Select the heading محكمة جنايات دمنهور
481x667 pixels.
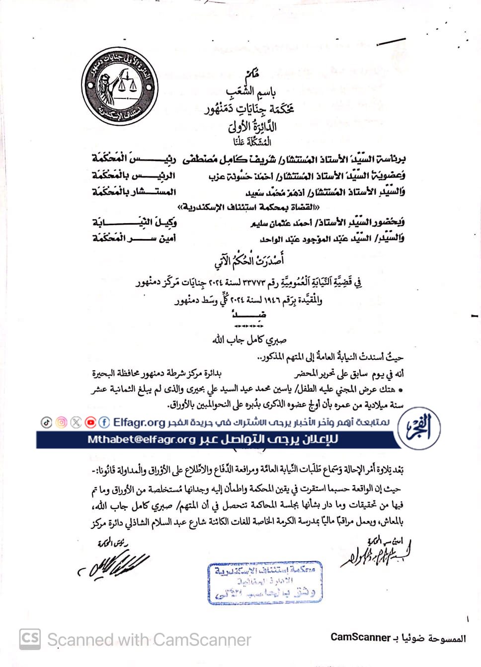point(249,109)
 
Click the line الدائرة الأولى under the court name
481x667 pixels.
point(252,126)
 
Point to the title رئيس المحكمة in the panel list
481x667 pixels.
point(134,159)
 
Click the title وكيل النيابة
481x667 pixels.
point(134,222)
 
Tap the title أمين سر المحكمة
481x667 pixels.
point(134,238)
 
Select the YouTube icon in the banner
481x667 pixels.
point(90,422)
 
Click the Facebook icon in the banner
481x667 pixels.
point(104,422)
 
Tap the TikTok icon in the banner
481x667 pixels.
point(46,422)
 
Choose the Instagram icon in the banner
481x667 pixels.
point(61,422)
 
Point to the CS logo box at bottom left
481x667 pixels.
point(30,639)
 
